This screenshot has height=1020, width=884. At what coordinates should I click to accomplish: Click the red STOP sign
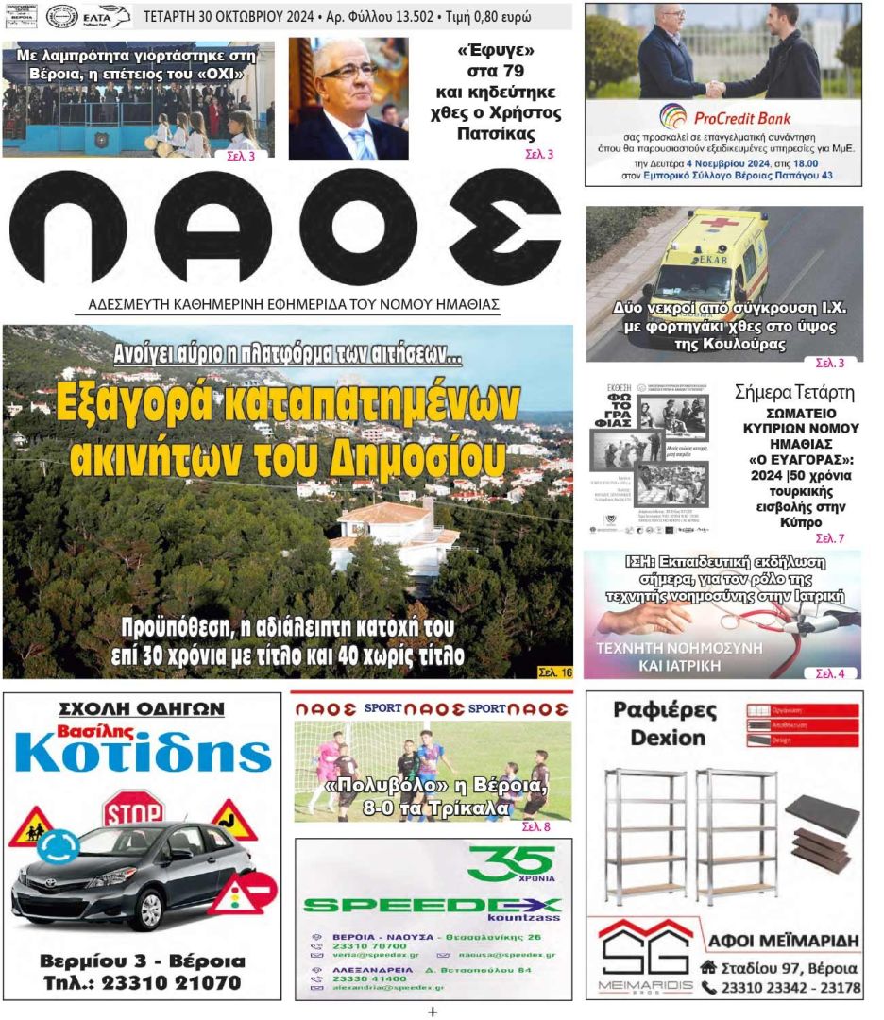[x=133, y=809]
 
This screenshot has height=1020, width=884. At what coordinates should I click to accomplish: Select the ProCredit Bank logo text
[x=741, y=119]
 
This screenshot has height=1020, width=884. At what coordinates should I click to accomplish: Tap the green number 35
[x=510, y=860]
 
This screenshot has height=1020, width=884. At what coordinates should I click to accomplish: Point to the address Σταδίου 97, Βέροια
[x=789, y=968]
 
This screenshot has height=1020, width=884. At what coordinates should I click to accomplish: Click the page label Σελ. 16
[x=554, y=672]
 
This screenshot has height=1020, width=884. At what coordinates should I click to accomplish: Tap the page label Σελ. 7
[x=829, y=538]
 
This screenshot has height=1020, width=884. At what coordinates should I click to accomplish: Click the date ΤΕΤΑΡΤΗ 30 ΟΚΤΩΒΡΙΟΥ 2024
[x=229, y=17]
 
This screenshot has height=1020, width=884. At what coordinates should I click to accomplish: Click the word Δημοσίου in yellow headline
[x=420, y=458]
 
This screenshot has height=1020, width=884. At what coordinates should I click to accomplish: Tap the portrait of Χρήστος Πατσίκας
[x=348, y=98]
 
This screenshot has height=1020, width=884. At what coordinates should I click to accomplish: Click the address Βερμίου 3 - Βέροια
[x=142, y=961]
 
